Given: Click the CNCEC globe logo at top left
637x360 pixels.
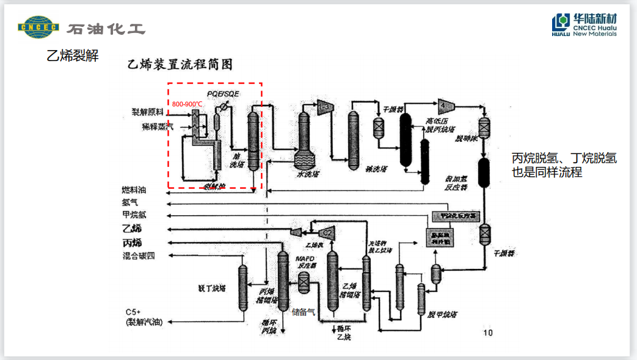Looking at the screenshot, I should [38, 28].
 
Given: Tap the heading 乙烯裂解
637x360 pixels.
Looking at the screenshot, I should [73, 56].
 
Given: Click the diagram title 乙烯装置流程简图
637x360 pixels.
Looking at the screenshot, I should [180, 64].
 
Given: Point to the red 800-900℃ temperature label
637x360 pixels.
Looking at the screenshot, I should [187, 105].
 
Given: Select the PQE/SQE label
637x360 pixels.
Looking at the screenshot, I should [223, 94].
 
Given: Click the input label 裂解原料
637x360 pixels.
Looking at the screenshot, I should [148, 113].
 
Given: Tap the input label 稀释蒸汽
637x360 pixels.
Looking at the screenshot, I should [158, 127].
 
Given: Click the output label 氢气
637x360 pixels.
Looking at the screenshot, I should [129, 202].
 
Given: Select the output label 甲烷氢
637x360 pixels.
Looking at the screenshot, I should [134, 215].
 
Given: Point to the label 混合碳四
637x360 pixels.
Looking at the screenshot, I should [139, 255].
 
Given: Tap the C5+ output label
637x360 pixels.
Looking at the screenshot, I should [133, 312].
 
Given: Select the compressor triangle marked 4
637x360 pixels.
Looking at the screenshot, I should [443, 103].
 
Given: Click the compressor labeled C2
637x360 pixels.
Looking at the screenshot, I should [326, 232].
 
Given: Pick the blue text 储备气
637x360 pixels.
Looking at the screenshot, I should [304, 312].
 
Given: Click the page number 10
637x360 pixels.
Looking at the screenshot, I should [488, 332].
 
